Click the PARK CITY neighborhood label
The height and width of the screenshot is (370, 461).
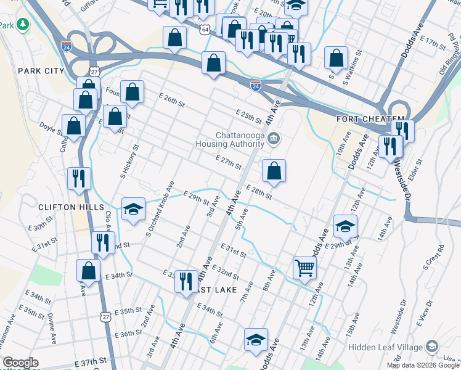[41, 71]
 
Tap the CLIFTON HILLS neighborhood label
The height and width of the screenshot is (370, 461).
[70, 207]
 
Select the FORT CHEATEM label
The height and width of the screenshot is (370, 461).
[370, 118]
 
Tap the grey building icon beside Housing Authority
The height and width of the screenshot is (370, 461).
[274, 140]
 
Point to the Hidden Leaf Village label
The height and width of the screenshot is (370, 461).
[386, 347]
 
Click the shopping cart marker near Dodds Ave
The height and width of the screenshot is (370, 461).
[304, 268]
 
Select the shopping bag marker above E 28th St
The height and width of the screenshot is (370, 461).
[274, 171]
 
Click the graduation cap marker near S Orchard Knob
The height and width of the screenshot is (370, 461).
[133, 209]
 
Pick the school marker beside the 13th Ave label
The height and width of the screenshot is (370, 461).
[345, 226]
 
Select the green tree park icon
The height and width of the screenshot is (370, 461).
[23, 24]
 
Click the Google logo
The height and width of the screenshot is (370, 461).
[20, 363]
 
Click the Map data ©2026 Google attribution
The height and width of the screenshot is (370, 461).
[423, 365]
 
